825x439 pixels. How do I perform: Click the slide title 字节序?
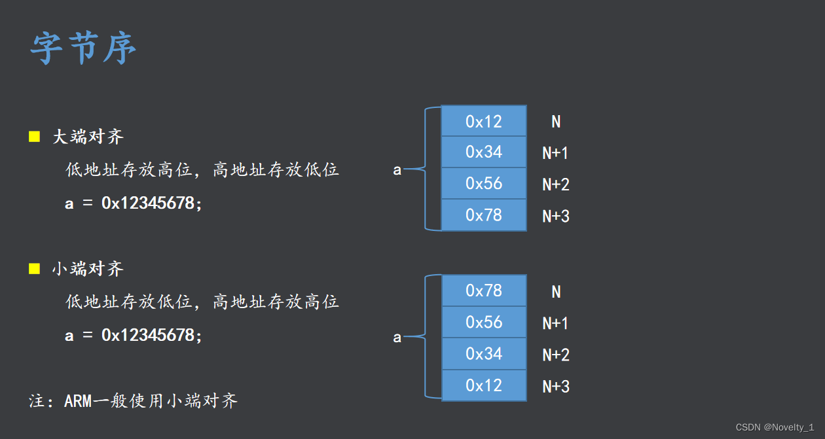pos(83,48)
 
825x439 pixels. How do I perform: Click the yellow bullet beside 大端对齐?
pos(35,136)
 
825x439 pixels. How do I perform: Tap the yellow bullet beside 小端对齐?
pos(35,268)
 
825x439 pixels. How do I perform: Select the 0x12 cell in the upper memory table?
pos(484,121)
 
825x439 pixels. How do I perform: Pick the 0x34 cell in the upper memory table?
pos(484,152)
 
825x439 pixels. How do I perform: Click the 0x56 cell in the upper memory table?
pos(484,183)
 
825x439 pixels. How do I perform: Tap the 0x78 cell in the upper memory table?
pos(484,215)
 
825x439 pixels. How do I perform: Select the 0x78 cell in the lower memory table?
pos(484,290)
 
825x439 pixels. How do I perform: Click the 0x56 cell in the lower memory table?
pos(484,322)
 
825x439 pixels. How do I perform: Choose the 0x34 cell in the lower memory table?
pos(484,353)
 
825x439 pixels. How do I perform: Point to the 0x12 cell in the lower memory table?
pos(484,385)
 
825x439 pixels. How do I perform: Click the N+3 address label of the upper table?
pos(556,216)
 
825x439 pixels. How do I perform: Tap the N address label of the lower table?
pos(556,292)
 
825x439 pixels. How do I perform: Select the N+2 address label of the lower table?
pos(556,355)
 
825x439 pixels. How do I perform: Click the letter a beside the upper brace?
pos(397,170)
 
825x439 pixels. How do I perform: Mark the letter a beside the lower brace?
pos(397,338)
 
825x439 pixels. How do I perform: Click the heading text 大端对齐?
pos(88,137)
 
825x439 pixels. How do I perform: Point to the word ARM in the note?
pos(79,400)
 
